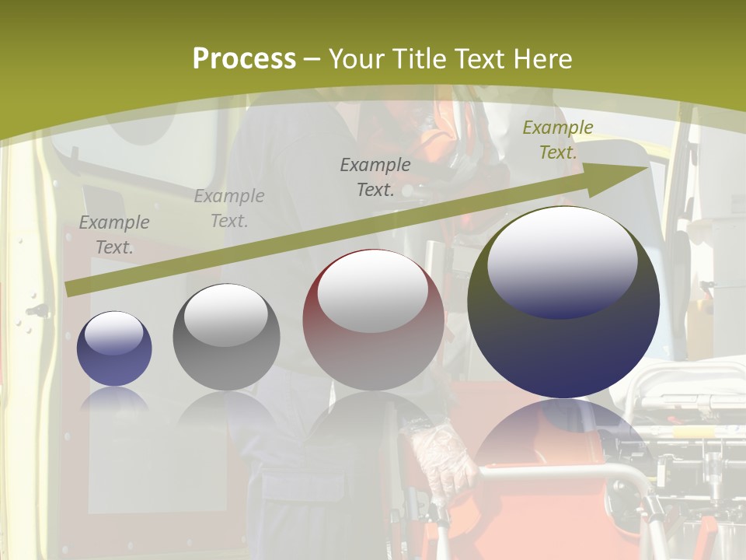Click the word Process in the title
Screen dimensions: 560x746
[x=244, y=59]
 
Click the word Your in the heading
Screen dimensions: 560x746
[x=358, y=59]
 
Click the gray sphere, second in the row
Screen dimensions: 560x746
[x=226, y=338]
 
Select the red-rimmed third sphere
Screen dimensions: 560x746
[x=373, y=320]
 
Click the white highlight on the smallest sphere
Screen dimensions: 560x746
[x=114, y=333]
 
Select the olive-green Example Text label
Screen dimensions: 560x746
[x=557, y=140]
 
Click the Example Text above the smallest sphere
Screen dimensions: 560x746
[x=114, y=235]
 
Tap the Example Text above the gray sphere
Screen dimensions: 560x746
[x=229, y=208]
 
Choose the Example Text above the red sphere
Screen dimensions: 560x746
[x=375, y=177]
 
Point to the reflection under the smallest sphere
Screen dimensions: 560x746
[x=114, y=398]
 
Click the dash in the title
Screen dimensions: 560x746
[x=312, y=60]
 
